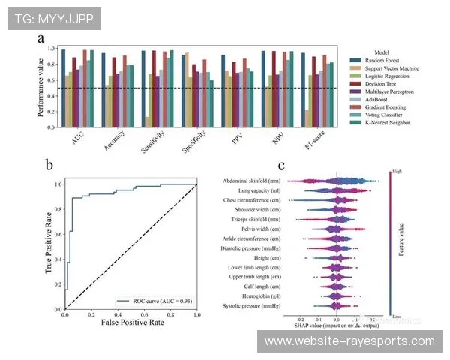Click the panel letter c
pos(281,166)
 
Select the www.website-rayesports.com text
pos(349,340)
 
